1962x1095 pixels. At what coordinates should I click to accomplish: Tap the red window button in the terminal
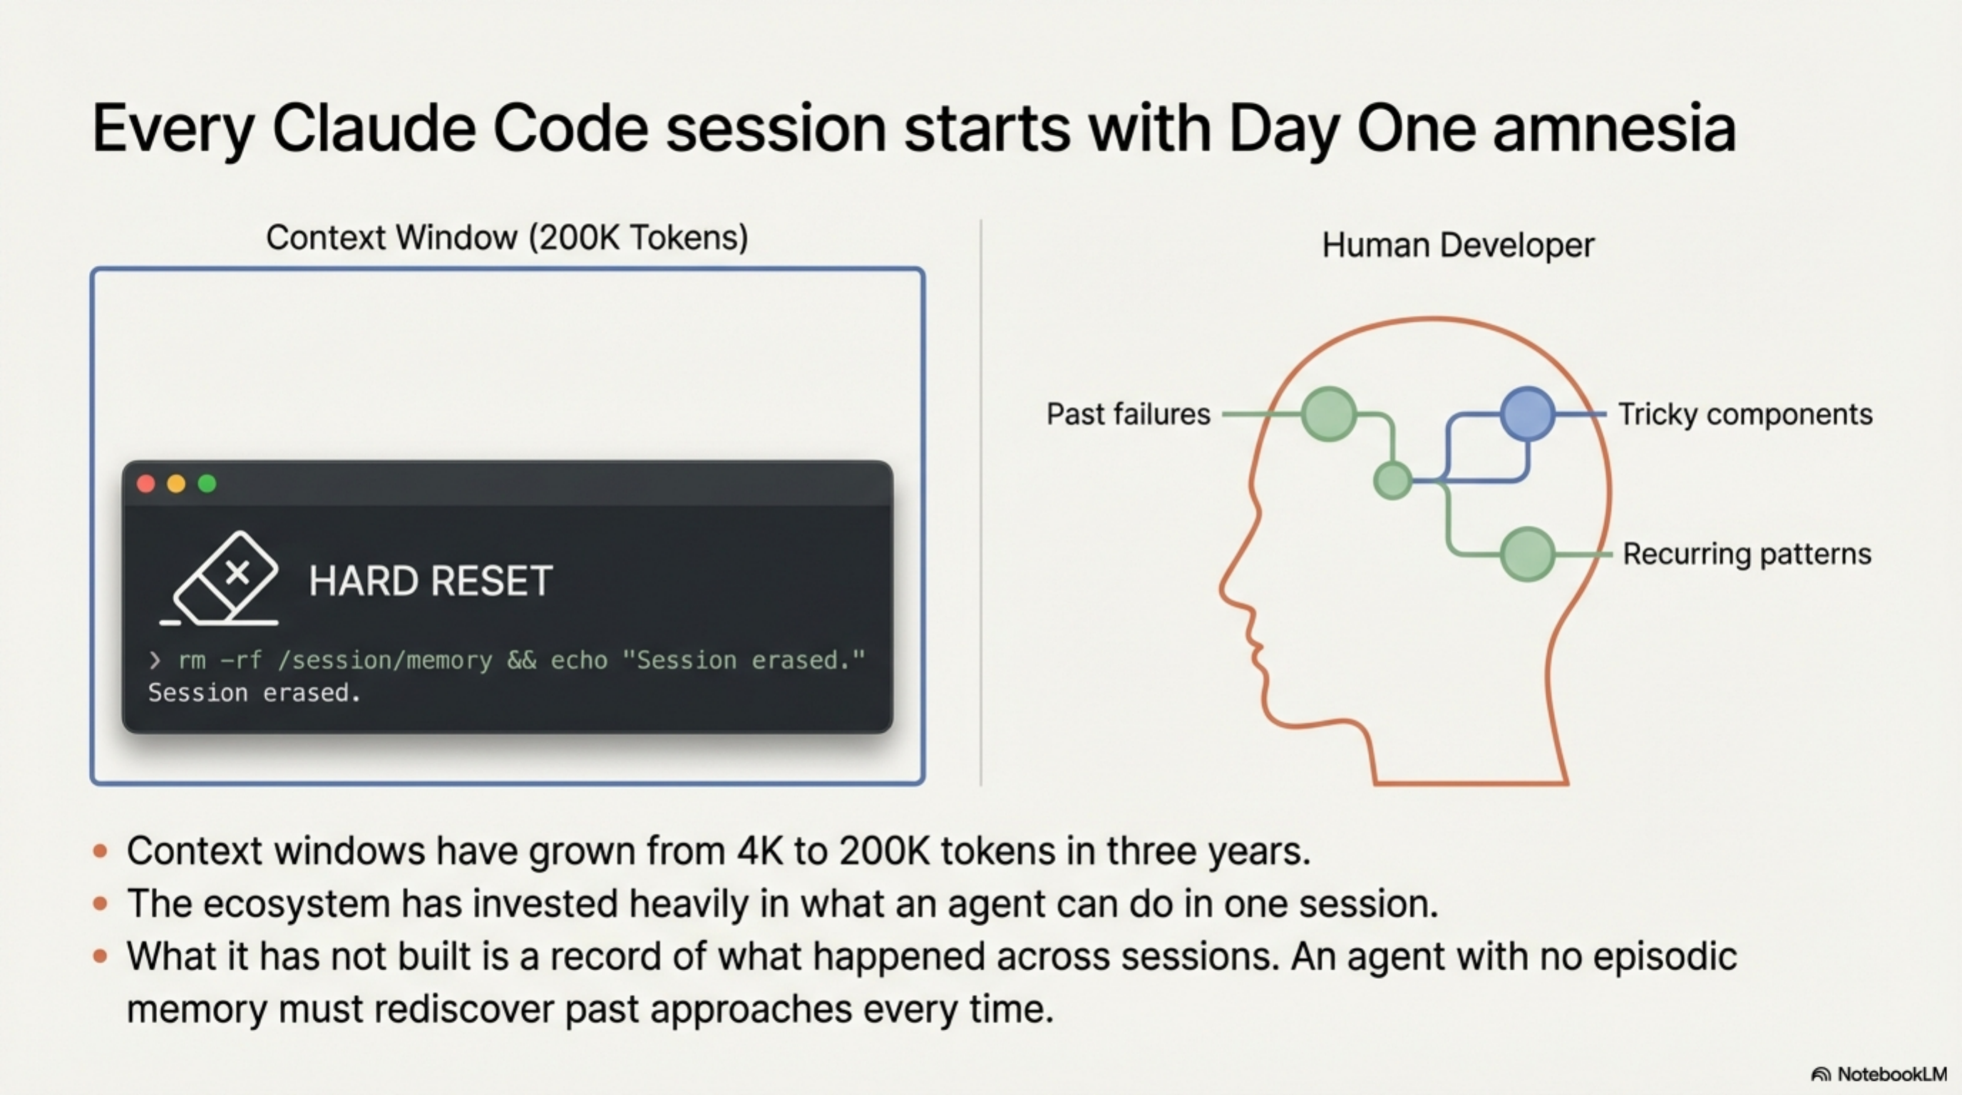145,483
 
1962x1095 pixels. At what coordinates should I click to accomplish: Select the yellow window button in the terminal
176,483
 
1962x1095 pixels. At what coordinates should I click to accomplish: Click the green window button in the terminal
207,483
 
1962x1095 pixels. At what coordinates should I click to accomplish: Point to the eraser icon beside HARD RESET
225,580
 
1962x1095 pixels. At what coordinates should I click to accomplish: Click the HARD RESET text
431,582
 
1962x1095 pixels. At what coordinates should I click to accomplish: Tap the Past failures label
1128,414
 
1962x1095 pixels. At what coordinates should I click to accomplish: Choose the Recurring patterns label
1747,554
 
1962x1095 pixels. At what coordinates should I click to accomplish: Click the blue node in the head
1527,413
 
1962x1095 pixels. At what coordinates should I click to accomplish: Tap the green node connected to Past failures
1328,414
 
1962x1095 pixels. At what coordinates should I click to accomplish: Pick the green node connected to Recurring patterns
1527,554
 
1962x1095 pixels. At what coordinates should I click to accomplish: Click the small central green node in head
1392,480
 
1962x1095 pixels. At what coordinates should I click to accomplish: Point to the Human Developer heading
1457,245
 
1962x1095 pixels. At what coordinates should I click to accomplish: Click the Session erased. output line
254,693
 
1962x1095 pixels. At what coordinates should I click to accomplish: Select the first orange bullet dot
100,850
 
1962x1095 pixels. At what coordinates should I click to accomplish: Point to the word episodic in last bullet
1665,957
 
